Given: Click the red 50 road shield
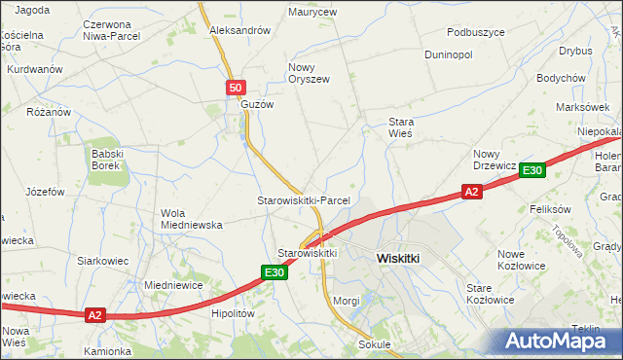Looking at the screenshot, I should (235, 88).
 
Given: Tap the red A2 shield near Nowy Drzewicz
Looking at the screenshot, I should (471, 193).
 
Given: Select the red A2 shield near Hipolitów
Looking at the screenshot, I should (94, 314).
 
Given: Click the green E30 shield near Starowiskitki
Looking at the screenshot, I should (274, 273).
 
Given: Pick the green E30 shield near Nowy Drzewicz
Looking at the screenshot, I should (531, 170).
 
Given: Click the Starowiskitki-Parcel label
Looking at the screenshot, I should (303, 199).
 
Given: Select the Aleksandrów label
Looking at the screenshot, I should (239, 30).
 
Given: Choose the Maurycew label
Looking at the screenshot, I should (311, 13).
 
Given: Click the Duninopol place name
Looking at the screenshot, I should (448, 54).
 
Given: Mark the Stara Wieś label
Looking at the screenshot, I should (401, 127).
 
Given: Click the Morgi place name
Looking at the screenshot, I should (347, 301).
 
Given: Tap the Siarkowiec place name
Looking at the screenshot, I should (103, 261).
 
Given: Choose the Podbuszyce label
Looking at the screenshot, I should (471, 32).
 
